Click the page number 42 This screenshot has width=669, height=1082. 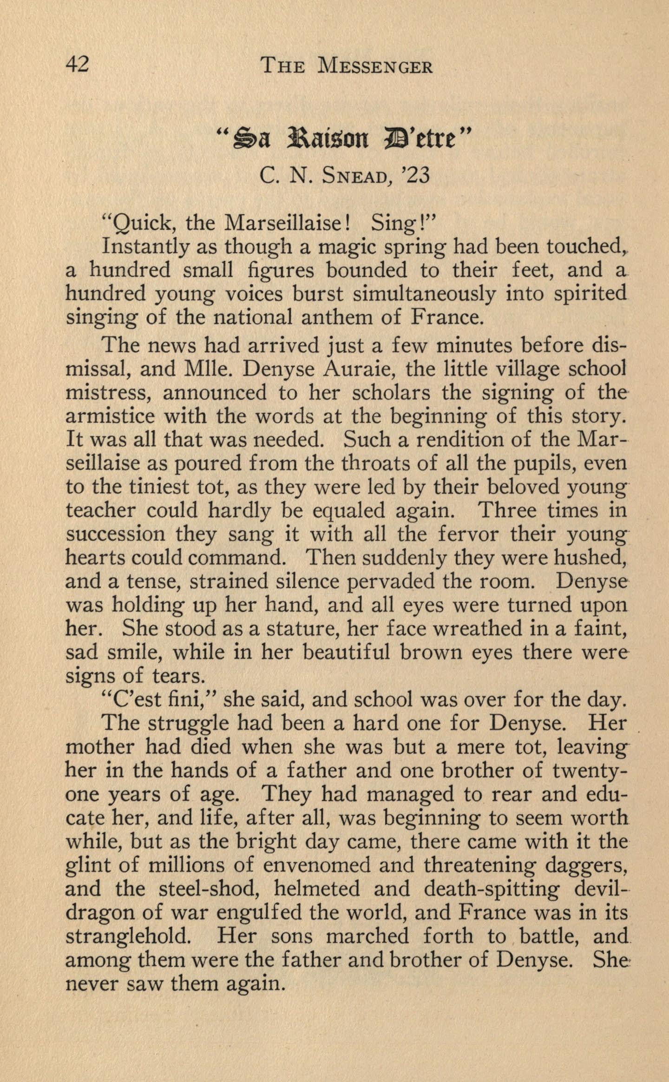pyautogui.click(x=77, y=65)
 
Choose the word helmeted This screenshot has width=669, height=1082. pyautogui.click(x=317, y=889)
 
